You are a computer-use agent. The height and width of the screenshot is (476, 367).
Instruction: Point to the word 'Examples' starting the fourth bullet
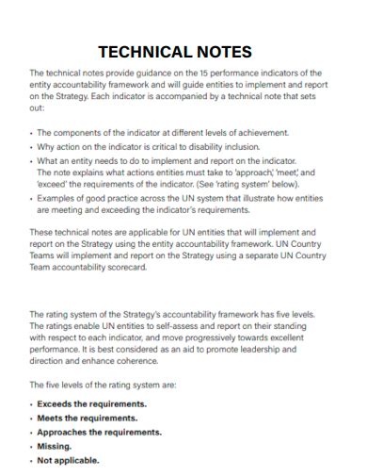[x=55, y=200]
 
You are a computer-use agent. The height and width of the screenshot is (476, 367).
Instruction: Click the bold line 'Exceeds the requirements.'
[x=91, y=403]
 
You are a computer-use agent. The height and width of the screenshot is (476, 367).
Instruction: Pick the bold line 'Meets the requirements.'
[x=87, y=418]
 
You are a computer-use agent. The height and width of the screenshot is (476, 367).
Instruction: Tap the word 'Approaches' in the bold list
[x=61, y=432]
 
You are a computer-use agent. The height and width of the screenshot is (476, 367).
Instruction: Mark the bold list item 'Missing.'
[x=54, y=446]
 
